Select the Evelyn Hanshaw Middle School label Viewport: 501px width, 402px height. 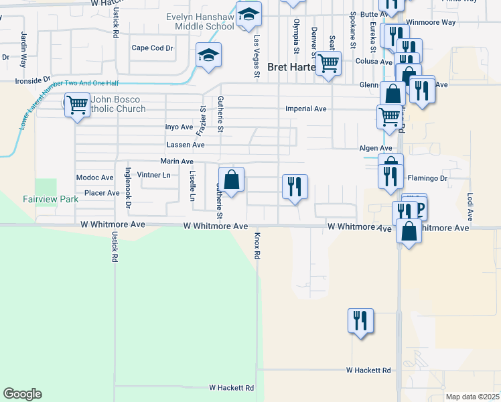point(200,21)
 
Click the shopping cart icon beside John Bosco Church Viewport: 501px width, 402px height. point(77,105)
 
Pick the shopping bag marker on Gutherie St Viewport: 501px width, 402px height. point(231,180)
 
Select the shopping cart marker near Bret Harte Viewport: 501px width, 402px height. point(328,64)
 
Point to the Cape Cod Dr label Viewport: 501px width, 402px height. point(152,48)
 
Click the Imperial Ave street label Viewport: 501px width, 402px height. point(305,109)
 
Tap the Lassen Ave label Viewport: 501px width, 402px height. point(185,145)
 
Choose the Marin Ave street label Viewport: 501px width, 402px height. point(177,161)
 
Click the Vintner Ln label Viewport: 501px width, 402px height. point(154,175)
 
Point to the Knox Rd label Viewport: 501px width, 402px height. point(257,247)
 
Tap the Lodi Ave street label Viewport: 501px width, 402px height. point(470,208)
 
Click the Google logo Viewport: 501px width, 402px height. point(22,394)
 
